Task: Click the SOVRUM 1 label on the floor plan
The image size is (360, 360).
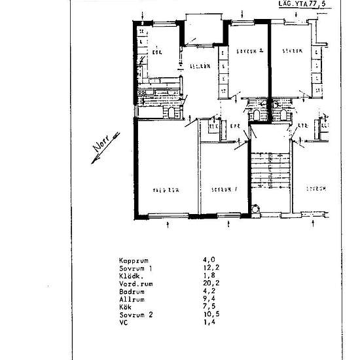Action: pyautogui.click(x=223, y=190)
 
